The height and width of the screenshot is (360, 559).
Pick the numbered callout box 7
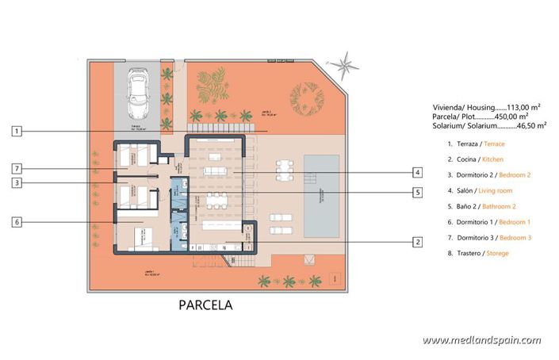17,168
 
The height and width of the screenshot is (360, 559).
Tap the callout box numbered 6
17,222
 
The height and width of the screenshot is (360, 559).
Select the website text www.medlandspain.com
481,340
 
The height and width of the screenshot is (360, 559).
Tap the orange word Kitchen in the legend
492,159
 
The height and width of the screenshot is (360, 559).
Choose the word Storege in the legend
493,253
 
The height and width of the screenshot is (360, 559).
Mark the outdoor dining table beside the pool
284,170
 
